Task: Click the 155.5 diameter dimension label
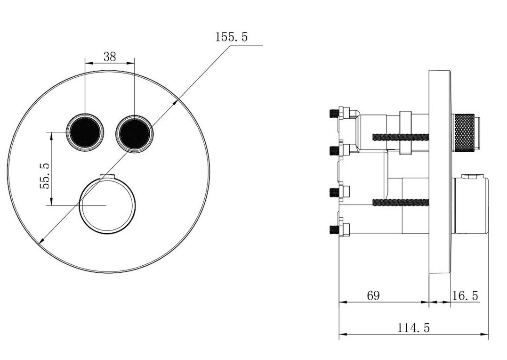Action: pos(231,37)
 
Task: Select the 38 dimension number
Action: pos(110,57)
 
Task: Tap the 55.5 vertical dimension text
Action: pos(44,176)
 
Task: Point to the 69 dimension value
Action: pos(373,295)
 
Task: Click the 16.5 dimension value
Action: pos(465,295)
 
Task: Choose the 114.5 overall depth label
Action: pos(413,328)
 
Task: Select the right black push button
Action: pos(134,132)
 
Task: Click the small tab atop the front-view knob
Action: pos(107,176)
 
